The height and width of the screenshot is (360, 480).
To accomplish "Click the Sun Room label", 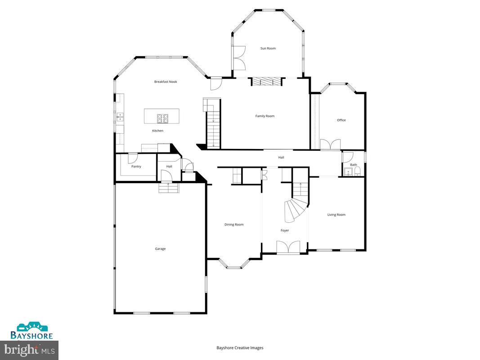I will coord(268,48).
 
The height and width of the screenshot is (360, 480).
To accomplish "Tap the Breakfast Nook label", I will coord(166,81).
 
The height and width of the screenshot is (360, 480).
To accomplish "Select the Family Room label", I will coord(265,116).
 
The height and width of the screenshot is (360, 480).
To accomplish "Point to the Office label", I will coord(341,120).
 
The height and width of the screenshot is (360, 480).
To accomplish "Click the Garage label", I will coord(160,248).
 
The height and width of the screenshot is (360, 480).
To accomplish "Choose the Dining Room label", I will coord(234,225).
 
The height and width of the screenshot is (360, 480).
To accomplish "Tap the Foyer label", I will coord(285,230).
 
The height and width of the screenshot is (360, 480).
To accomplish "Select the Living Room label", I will coord(336,215).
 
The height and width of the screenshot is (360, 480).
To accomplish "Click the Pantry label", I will coord(136,166).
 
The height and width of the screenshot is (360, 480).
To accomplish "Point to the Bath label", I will coord(354,165).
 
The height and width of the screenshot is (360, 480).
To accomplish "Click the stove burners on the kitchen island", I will coord(162,118).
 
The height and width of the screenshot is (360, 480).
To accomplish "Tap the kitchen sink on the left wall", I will coord(120,117).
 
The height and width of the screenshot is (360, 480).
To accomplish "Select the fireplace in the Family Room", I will coord(266,81).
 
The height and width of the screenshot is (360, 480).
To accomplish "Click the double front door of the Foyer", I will coord(288,247).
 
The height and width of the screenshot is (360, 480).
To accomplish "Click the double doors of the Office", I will coord(330,144).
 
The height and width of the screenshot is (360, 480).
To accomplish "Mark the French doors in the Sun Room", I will coord(239,58).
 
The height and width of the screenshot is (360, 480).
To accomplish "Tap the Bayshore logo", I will coord(32,331).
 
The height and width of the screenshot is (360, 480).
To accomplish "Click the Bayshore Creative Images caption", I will coord(240,347).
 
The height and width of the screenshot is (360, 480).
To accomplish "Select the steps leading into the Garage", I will coord(169,188).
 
